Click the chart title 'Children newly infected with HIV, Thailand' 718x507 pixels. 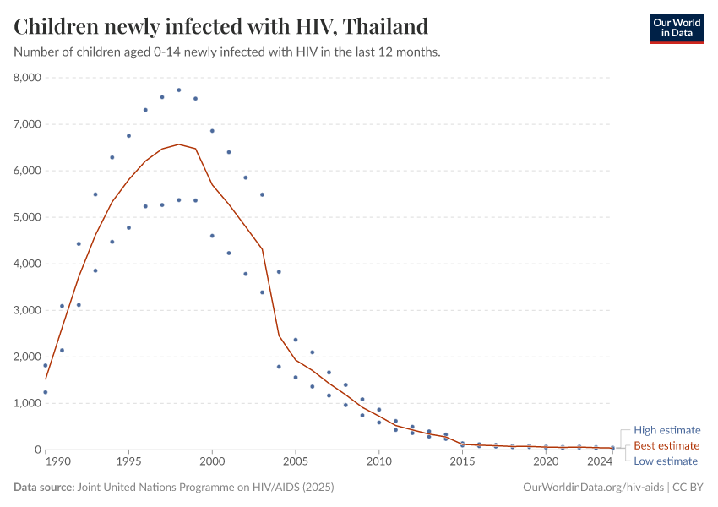pos(220,26)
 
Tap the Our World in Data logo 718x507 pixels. pos(676,28)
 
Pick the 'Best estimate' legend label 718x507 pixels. pos(666,445)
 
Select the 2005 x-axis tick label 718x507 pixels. pos(296,462)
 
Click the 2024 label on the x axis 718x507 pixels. pos(599,462)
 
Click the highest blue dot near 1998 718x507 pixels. pos(179,90)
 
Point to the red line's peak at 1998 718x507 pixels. pos(179,144)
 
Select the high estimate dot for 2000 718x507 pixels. pos(212,131)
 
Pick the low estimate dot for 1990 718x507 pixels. pos(46,392)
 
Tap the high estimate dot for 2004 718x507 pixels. pos(279,272)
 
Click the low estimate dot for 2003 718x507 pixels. pos(262,292)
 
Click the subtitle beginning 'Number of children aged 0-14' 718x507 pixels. pos(227,52)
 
